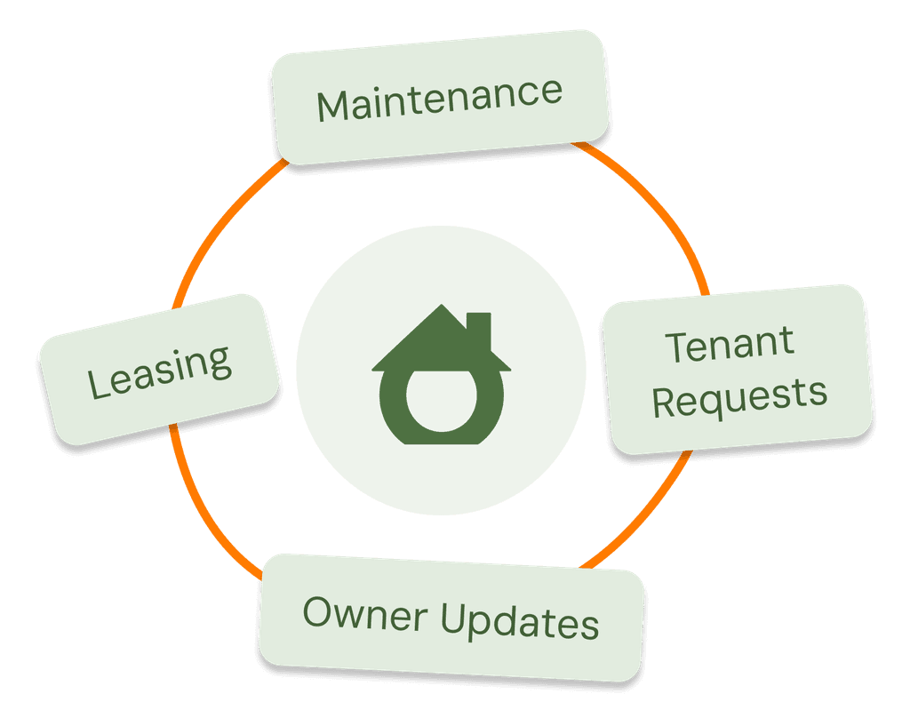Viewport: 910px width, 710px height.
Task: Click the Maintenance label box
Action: click(x=440, y=96)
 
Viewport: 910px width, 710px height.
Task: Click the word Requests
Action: click(x=739, y=396)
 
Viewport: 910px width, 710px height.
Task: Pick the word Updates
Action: click(x=520, y=623)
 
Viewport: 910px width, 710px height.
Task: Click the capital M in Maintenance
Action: click(x=332, y=107)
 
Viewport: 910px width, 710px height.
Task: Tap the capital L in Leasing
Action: click(x=99, y=383)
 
